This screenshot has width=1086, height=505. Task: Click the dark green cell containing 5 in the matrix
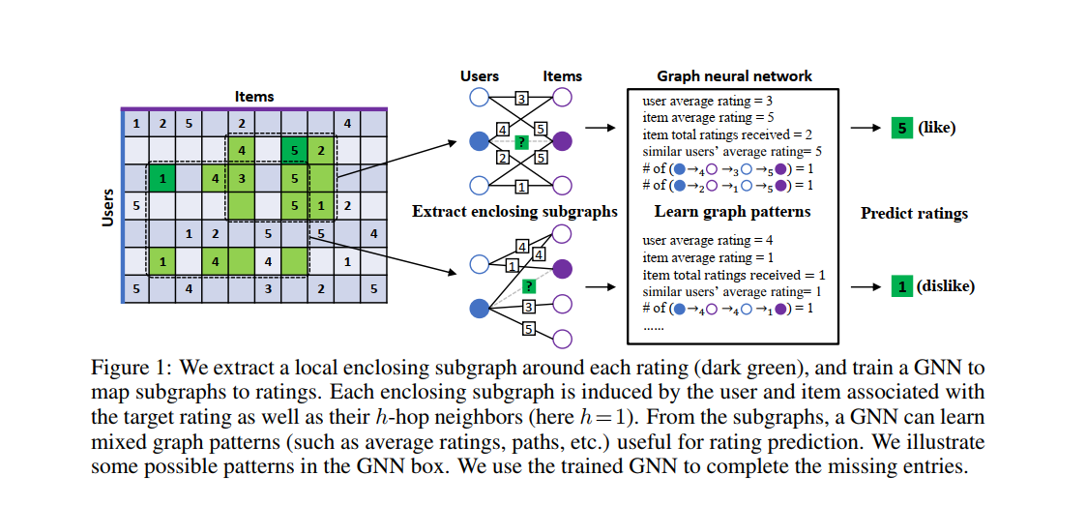click(294, 151)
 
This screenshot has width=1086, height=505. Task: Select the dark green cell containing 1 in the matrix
click(162, 178)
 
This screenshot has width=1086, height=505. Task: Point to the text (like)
click(936, 128)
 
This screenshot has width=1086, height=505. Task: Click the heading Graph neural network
click(734, 75)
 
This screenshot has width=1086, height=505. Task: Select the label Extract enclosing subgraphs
click(514, 212)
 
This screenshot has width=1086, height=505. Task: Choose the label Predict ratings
click(914, 214)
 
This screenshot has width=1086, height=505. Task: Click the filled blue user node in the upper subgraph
click(478, 141)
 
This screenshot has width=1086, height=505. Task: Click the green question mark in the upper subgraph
click(520, 141)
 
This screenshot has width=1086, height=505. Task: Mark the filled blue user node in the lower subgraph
click(478, 310)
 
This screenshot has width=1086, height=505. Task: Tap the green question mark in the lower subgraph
click(528, 286)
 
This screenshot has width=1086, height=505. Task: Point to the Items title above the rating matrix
click(253, 96)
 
